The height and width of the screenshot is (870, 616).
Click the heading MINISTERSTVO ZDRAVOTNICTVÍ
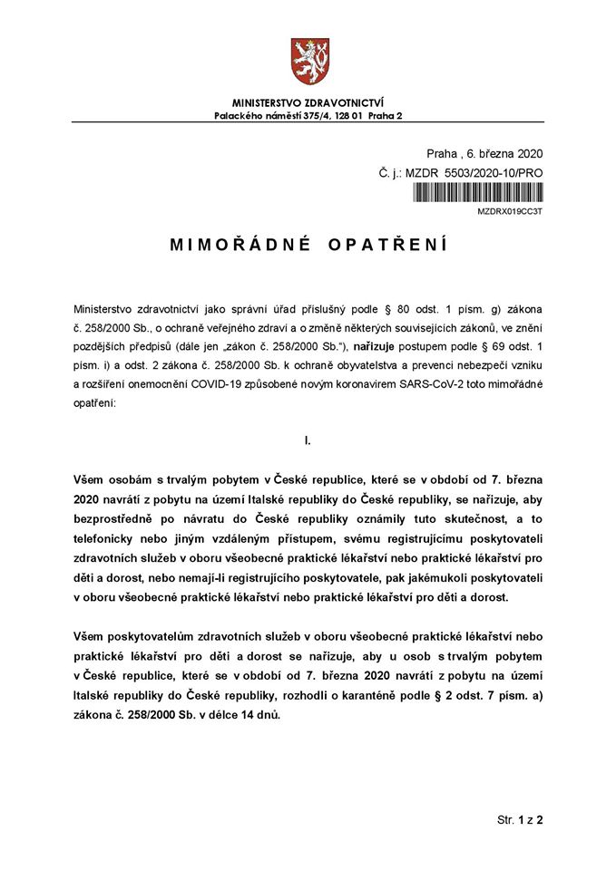coord(307,104)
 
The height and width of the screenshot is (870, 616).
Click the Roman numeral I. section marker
coord(308,440)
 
